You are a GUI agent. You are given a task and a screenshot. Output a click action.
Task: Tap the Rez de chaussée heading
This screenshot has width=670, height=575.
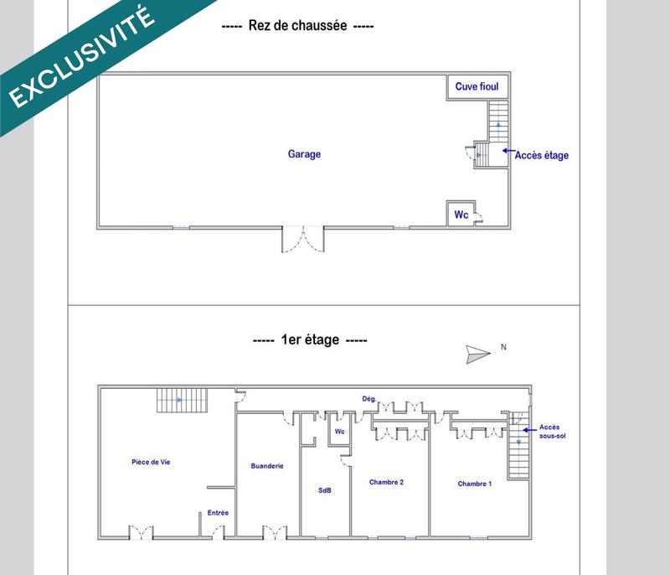point(297,26)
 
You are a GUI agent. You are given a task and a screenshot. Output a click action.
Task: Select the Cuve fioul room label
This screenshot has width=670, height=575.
point(477,86)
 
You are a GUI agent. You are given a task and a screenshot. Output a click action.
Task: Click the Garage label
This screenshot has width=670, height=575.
point(304,154)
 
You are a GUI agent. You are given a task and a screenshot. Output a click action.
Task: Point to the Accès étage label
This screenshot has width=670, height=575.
point(541,155)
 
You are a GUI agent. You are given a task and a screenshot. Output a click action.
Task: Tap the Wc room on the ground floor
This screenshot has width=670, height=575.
point(461,215)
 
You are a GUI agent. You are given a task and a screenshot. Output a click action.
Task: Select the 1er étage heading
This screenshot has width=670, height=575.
point(309,340)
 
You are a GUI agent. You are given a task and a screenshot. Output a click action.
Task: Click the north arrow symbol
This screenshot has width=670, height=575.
point(478,354)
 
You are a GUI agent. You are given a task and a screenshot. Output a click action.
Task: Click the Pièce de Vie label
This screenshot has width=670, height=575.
point(157,462)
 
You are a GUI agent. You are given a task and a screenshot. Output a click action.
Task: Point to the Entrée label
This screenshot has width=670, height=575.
point(218,512)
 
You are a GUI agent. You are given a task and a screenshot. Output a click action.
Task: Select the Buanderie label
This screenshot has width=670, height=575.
point(267,465)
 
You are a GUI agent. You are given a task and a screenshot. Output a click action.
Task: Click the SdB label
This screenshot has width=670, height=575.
point(325,490)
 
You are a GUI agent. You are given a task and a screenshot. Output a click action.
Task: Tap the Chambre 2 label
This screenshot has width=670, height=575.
point(387,482)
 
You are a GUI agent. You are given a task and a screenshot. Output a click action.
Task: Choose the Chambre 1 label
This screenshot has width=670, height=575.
point(475,484)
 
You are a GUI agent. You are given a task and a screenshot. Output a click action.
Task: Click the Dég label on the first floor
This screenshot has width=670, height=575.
point(368,398)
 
